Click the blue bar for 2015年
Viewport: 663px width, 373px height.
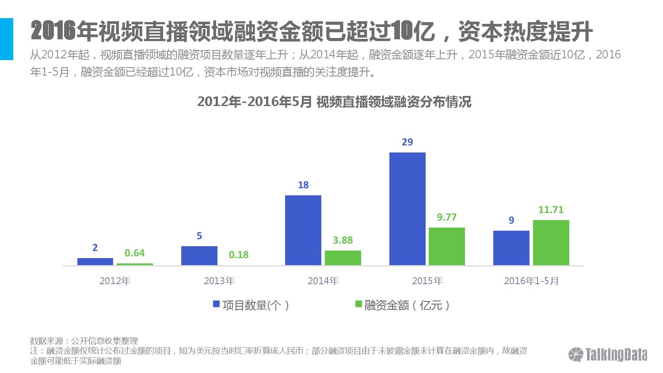(407, 209)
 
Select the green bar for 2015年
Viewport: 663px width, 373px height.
(446, 246)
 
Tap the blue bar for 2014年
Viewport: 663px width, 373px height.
(303, 230)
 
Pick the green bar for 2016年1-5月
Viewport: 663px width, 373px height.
(551, 243)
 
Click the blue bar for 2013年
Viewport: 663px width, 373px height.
(199, 255)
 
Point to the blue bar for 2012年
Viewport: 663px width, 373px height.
(95, 262)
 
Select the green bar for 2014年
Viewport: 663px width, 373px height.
(343, 258)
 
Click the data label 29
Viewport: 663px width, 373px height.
(407, 142)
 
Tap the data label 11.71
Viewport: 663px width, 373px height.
(551, 209)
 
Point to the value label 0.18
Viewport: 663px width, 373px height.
(239, 255)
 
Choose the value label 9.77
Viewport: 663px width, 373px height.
(446, 217)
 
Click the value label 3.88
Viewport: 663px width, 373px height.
(343, 240)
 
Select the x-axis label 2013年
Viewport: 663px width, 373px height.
(219, 281)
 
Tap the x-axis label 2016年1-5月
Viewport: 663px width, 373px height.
(531, 281)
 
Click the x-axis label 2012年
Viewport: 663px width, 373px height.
(115, 281)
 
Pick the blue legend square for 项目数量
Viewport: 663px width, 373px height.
(217, 304)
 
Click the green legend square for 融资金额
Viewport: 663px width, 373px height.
(358, 304)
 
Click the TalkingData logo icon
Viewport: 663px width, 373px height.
(576, 355)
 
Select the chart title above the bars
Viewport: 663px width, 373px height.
(334, 102)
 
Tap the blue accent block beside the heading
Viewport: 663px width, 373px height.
(7, 39)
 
